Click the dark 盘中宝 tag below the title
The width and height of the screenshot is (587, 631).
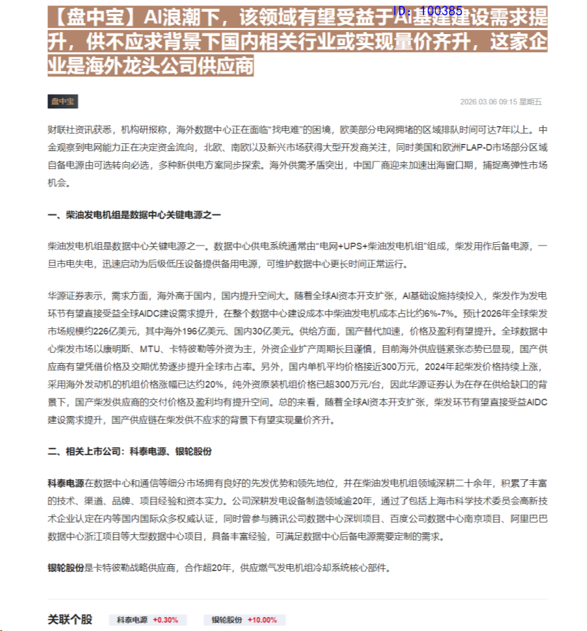63,102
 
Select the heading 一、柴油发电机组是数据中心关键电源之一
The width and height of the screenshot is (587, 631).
134,216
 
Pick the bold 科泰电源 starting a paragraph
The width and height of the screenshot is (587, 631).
65,483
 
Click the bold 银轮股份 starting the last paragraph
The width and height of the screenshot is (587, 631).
65,568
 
